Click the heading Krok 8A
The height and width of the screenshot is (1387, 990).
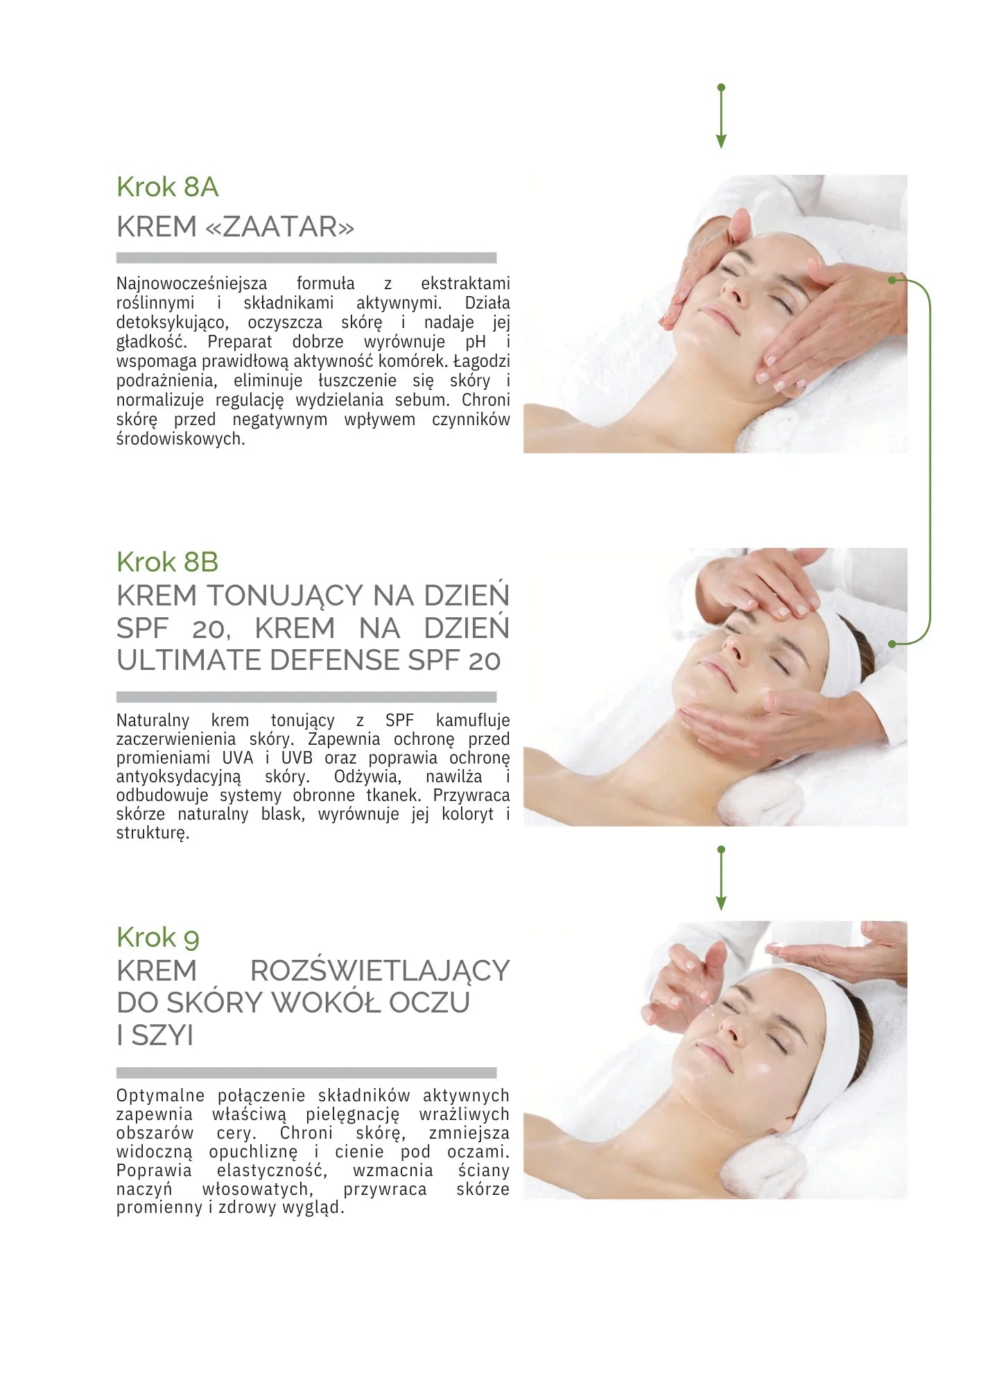click(167, 187)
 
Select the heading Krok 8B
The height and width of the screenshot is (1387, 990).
click(167, 562)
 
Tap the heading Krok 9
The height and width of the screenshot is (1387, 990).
click(157, 938)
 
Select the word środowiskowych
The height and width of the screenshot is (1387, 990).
click(180, 439)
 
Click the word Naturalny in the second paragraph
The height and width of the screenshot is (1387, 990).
click(153, 721)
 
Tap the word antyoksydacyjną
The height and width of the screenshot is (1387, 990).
click(179, 777)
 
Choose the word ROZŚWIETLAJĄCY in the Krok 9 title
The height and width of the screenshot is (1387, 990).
click(380, 971)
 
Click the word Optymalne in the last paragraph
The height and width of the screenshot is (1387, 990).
click(160, 1096)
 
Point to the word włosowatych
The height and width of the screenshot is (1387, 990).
click(257, 1189)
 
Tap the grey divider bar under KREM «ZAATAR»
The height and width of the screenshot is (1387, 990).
click(306, 258)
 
